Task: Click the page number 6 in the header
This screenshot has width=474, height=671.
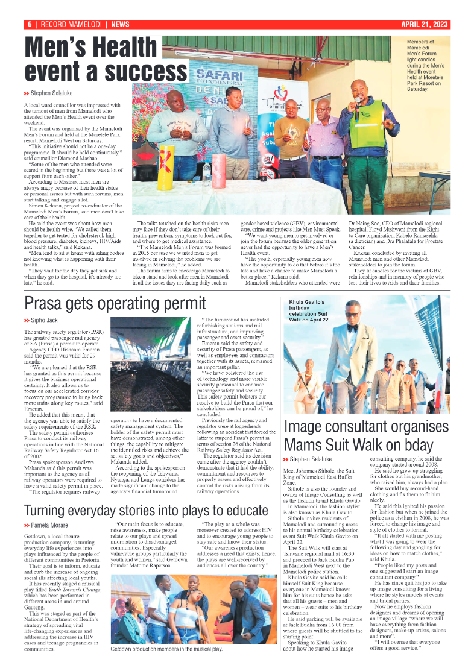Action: point(28,24)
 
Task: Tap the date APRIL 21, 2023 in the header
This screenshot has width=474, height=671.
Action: point(425,24)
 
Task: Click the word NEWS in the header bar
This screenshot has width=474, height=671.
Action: point(120,24)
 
